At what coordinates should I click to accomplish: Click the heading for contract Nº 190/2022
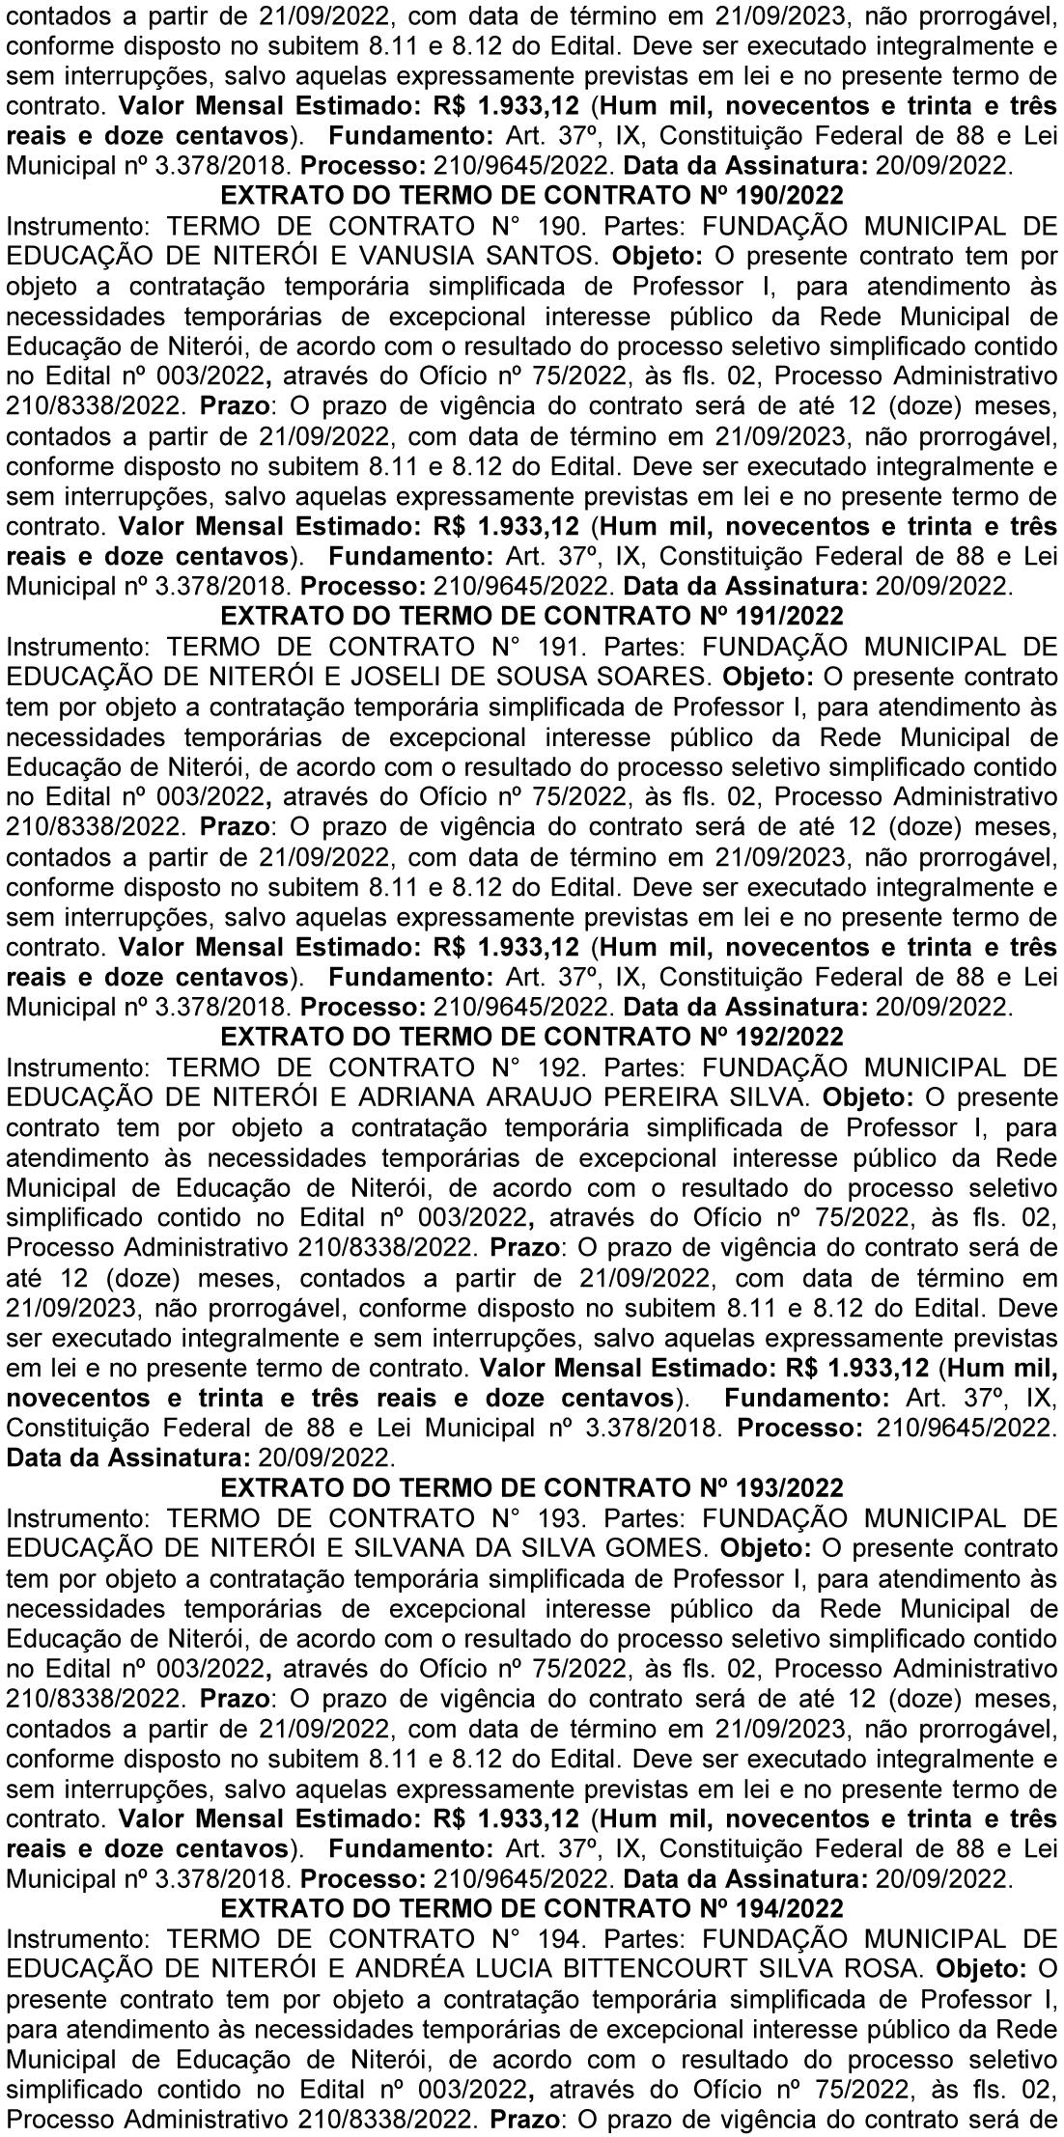532,196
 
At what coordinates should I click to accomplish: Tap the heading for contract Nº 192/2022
532,1037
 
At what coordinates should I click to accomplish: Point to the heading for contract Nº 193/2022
532,1487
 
